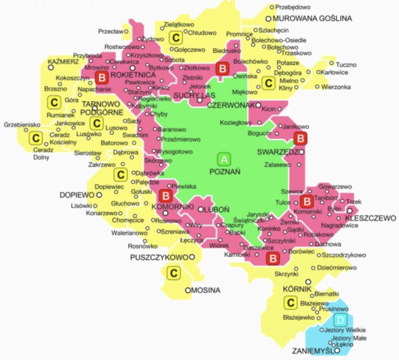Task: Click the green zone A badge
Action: [224, 160]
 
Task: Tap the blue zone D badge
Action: [341, 321]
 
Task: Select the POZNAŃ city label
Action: [225, 171]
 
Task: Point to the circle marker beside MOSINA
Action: [188, 290]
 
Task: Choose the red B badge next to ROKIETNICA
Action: [102, 78]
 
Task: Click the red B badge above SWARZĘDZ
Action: [300, 139]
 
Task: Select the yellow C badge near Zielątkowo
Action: [176, 38]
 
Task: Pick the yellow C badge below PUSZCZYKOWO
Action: [173, 273]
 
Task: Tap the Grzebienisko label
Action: [22, 125]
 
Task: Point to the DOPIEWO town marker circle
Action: [99, 195]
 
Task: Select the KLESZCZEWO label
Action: [370, 218]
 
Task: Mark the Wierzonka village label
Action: [336, 87]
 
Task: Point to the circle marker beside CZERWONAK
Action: [258, 105]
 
